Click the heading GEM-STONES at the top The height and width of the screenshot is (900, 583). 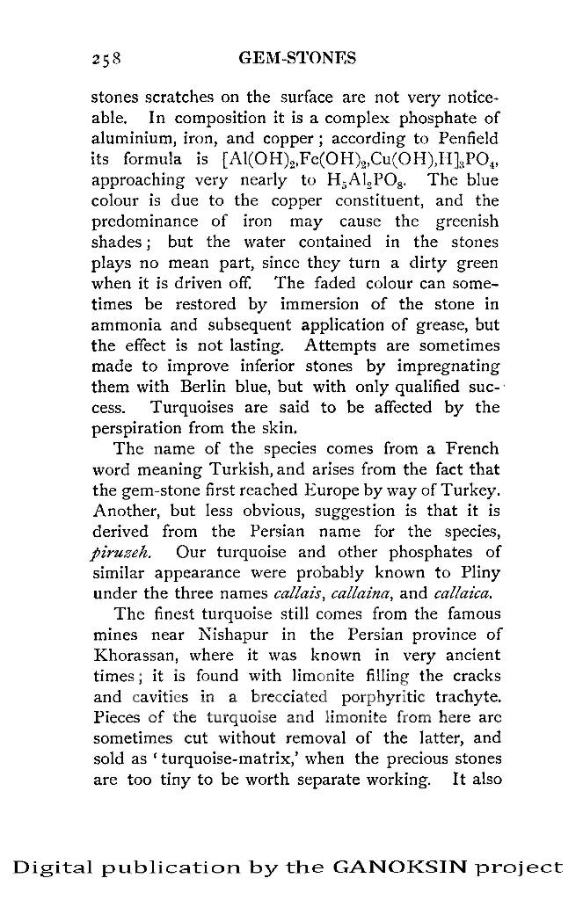coord(297,59)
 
